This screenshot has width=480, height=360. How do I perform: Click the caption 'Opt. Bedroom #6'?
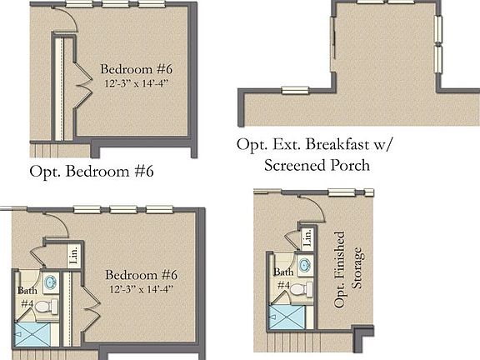tap(92, 172)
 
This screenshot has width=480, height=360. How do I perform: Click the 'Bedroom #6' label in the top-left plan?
tap(133, 68)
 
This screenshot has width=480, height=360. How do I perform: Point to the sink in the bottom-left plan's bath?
tap(49, 282)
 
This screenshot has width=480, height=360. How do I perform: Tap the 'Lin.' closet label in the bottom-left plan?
tap(73, 254)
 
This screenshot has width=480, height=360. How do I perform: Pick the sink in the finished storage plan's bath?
tap(305, 265)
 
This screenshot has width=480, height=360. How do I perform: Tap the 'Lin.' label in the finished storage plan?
tap(307, 237)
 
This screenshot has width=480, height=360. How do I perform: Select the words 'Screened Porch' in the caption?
tap(317, 165)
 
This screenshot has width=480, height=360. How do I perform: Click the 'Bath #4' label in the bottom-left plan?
tap(27, 297)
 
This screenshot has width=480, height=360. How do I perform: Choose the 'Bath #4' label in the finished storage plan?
tap(284, 278)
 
